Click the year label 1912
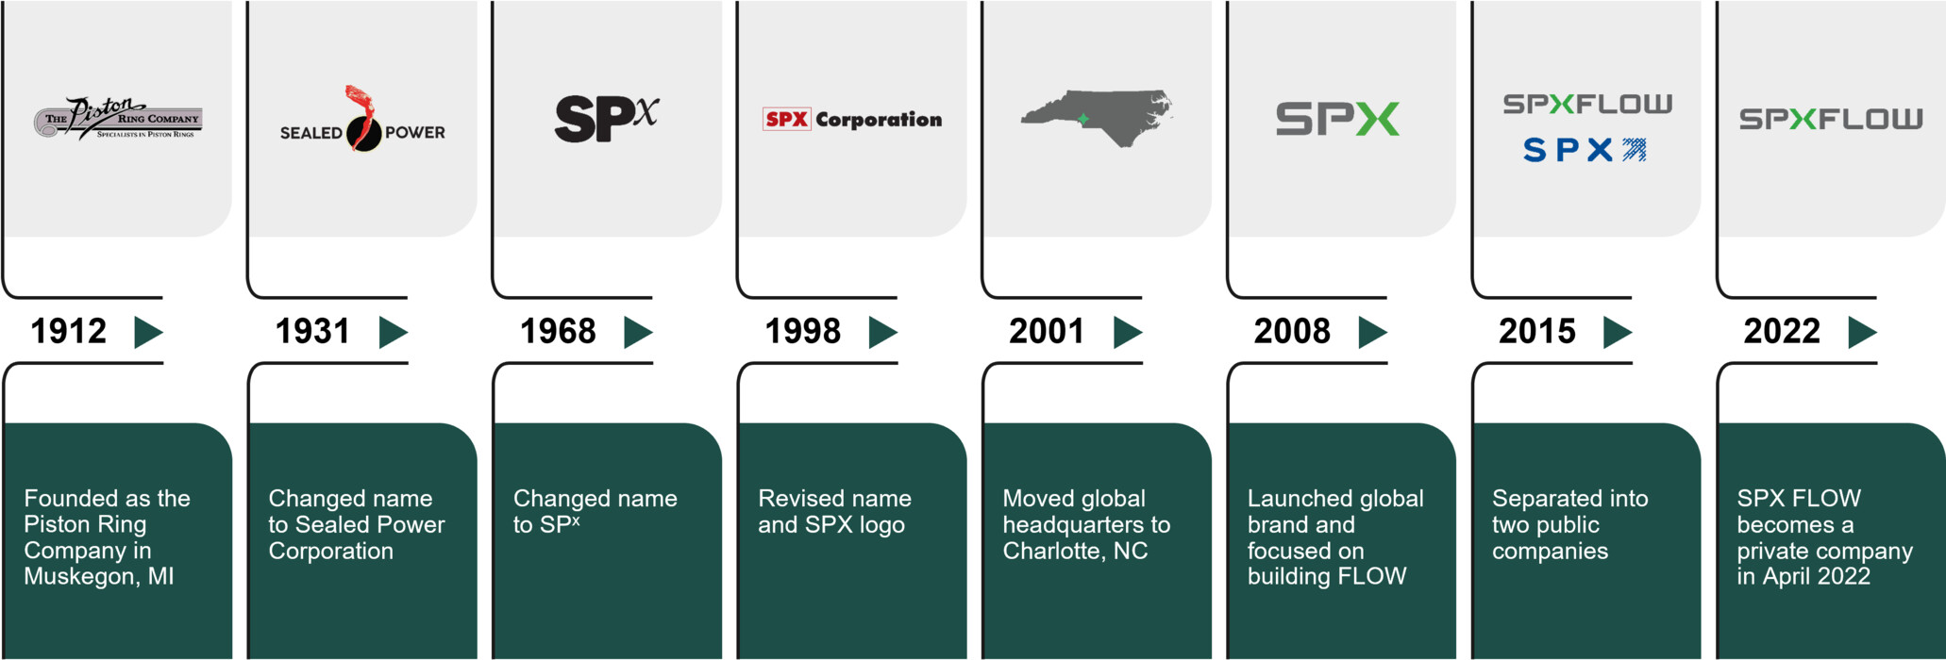tap(68, 331)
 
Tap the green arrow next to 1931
tap(393, 332)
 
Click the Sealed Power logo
tap(362, 123)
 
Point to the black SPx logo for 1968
tap(605, 119)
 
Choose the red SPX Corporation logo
tap(851, 120)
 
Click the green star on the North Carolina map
tap(1083, 119)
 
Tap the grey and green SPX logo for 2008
tap(1337, 120)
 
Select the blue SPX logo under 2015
tap(1585, 150)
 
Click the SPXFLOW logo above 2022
tap(1830, 120)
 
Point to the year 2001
tap(1047, 331)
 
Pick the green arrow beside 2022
tap(1861, 332)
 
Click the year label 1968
tap(558, 331)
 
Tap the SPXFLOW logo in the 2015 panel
tap(1587, 104)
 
